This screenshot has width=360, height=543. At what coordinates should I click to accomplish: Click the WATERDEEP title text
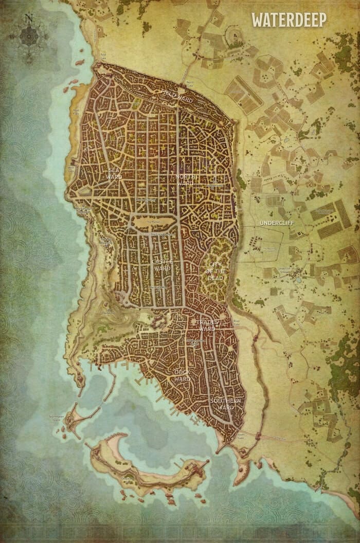(289, 20)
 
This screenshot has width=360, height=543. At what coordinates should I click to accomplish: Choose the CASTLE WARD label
(161, 265)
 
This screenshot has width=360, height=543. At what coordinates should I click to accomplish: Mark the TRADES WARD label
(206, 325)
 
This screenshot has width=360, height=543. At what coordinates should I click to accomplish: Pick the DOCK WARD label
(182, 374)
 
